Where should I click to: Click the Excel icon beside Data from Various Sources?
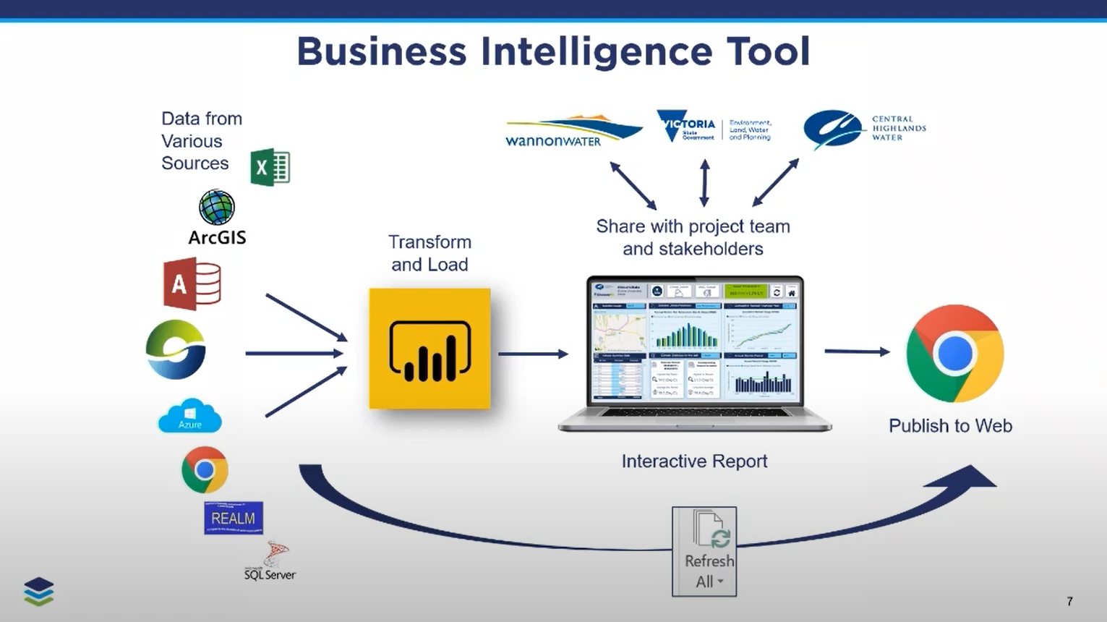pyautogui.click(x=270, y=167)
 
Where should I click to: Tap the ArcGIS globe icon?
pyautogui.click(x=217, y=208)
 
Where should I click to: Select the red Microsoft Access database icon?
pyautogui.click(x=192, y=285)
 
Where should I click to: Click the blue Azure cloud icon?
pyautogui.click(x=189, y=416)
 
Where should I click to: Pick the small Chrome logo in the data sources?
pyautogui.click(x=205, y=470)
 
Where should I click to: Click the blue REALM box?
pyautogui.click(x=234, y=518)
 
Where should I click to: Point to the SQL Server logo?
pyautogui.click(x=270, y=562)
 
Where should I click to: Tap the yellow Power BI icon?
pyautogui.click(x=429, y=349)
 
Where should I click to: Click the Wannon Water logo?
pyautogui.click(x=573, y=131)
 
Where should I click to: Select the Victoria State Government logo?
pyautogui.click(x=714, y=127)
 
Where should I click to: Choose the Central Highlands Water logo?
pyautogui.click(x=864, y=129)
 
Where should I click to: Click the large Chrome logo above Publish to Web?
pyautogui.click(x=954, y=354)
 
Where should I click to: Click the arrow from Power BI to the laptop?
pyautogui.click(x=533, y=354)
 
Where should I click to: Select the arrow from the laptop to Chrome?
pyautogui.click(x=857, y=352)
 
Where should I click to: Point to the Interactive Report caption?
pyautogui.click(x=694, y=461)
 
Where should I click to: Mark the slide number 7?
pyautogui.click(x=1069, y=601)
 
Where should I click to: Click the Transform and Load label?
pyautogui.click(x=429, y=253)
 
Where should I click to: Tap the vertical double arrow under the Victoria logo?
pyautogui.click(x=705, y=183)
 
